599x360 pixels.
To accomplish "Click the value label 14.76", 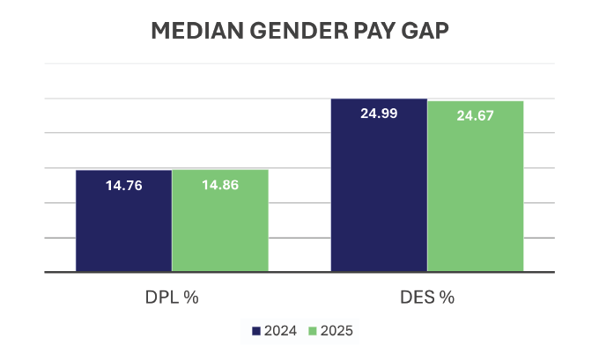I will (x=124, y=185).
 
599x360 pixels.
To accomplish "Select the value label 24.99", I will (x=379, y=114).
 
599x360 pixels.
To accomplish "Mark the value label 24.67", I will (x=476, y=115).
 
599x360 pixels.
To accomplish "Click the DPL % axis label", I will (x=172, y=297).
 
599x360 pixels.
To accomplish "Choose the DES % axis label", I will (x=427, y=297).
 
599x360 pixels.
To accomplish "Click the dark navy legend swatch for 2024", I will (x=256, y=331).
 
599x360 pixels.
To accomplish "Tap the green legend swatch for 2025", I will (x=314, y=331).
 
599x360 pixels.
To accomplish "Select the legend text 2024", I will (x=279, y=331).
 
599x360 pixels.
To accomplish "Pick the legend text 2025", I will (x=336, y=331).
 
